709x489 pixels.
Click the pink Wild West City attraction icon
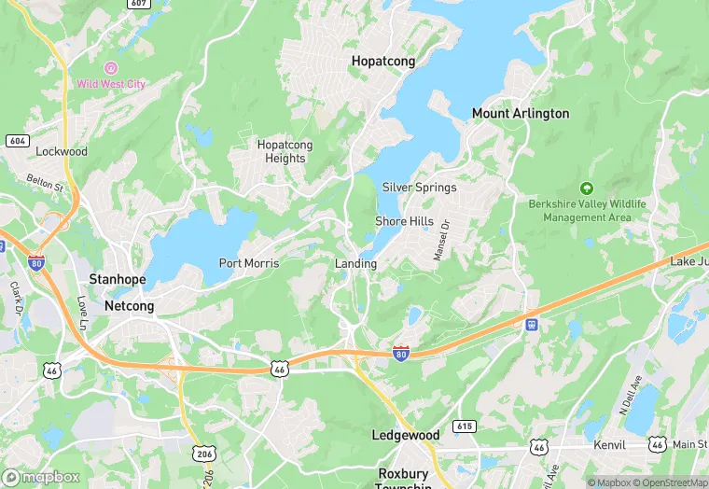[111, 68]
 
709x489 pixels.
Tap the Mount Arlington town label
[520, 114]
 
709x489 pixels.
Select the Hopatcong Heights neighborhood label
[285, 151]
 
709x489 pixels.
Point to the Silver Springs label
[419, 188]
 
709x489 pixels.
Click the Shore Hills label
[404, 221]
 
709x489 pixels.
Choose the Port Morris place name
[248, 263]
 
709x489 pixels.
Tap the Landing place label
[355, 264]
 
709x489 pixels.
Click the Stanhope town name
[118, 279]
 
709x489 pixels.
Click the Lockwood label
[62, 151]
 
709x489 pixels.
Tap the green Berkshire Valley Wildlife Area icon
[586, 188]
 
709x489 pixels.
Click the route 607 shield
[138, 4]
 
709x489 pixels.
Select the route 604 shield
[17, 140]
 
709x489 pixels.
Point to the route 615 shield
[465, 426]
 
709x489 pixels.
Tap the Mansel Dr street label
[438, 240]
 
